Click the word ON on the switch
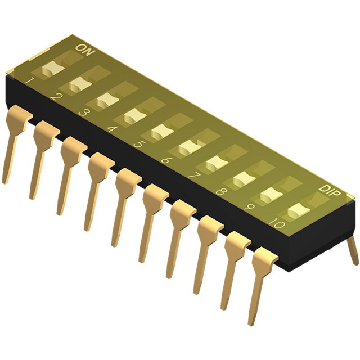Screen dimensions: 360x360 pos(85,49)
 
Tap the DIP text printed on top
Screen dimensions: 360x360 pos(330,191)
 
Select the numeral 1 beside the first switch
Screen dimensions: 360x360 pos(30,80)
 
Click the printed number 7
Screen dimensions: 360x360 pos(194,175)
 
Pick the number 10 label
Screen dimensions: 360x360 pos(277,223)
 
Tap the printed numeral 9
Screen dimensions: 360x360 pos(249,207)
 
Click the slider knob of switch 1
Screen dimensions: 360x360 pos(53,69)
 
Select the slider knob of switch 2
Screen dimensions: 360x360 pos(80,84)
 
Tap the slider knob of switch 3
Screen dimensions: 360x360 pos(107,100)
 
